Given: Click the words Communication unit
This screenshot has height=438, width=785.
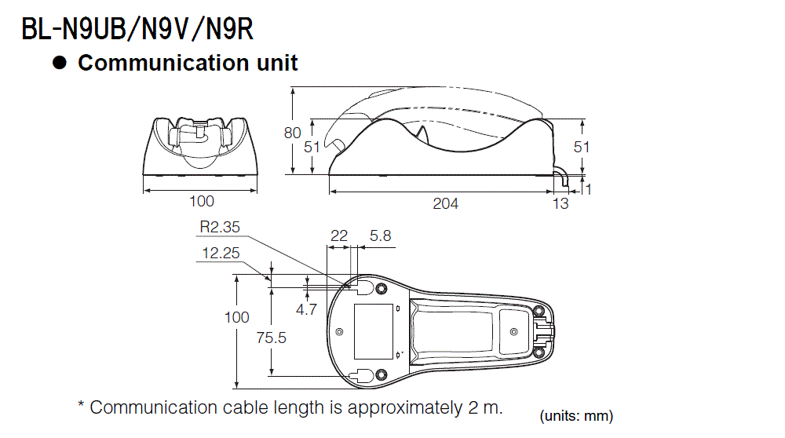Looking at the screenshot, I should pos(188,64).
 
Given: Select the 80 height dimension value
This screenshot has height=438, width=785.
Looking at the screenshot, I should pos(292,133).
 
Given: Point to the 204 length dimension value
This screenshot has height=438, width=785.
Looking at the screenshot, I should pos(445,204).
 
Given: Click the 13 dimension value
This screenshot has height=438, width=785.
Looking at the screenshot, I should pos(560,204).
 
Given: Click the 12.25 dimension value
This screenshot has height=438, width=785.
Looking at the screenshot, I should pos(221,253).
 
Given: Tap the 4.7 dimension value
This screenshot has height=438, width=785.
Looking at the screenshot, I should pos(306,309).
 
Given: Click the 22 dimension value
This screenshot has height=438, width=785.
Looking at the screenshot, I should pos(338,235).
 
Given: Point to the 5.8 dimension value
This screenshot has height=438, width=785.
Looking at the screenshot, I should pos(380,235).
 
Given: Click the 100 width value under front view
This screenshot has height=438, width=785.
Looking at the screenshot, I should pos(201,203).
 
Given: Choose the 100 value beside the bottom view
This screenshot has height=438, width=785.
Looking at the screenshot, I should pos(237,317).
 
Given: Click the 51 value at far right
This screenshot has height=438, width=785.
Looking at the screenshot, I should pos(582,147).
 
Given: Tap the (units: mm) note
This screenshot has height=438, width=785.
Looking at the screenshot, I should pos(576,416).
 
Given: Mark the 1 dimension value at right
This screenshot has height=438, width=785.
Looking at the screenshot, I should pos(587,189).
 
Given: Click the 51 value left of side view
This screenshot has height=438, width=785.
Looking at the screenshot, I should pos(312,147).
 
